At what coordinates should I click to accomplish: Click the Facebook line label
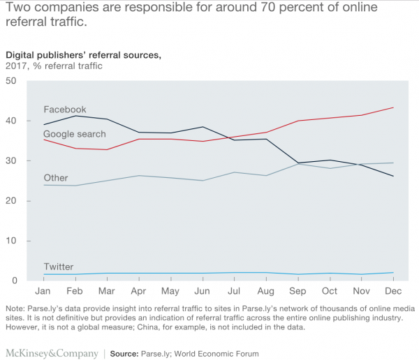64,110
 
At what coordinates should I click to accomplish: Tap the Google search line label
75,134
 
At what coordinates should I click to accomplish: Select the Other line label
56,178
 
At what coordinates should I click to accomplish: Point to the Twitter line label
58,267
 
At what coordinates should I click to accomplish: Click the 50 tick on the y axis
10,81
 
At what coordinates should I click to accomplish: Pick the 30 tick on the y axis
10,161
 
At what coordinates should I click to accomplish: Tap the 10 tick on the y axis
10,241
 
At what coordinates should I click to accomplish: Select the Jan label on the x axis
43,291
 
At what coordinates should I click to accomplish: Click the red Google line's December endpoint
394,107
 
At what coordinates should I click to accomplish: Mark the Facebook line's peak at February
75,115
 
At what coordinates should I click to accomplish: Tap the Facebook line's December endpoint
394,176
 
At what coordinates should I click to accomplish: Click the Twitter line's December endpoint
394,272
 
